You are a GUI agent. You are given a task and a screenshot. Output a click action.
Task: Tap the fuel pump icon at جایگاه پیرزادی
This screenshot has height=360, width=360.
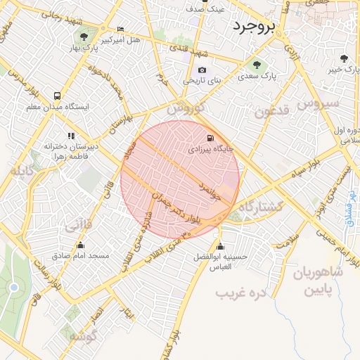coord(212,137)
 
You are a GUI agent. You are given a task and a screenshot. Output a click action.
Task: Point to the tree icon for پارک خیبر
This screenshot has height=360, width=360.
coord(343,58)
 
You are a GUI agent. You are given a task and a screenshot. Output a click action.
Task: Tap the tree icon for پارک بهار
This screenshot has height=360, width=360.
coord(84,37)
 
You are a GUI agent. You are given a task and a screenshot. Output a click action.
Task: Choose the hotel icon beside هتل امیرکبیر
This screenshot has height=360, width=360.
coord(121,30)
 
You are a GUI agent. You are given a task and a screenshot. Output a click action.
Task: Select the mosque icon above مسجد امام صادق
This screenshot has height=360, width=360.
coord(81,245)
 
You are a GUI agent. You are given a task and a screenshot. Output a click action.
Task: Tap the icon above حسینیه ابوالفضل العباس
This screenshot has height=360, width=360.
coord(221,247)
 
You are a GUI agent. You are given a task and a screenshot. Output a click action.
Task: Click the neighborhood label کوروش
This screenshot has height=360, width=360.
coord(185,110)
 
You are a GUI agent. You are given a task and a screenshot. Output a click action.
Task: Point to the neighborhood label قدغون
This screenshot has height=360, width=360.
coord(271,112)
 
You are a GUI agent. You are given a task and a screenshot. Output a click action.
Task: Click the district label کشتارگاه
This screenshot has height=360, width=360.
coord(261,207)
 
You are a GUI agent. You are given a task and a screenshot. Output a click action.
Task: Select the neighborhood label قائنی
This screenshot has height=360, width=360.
coord(78,226)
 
